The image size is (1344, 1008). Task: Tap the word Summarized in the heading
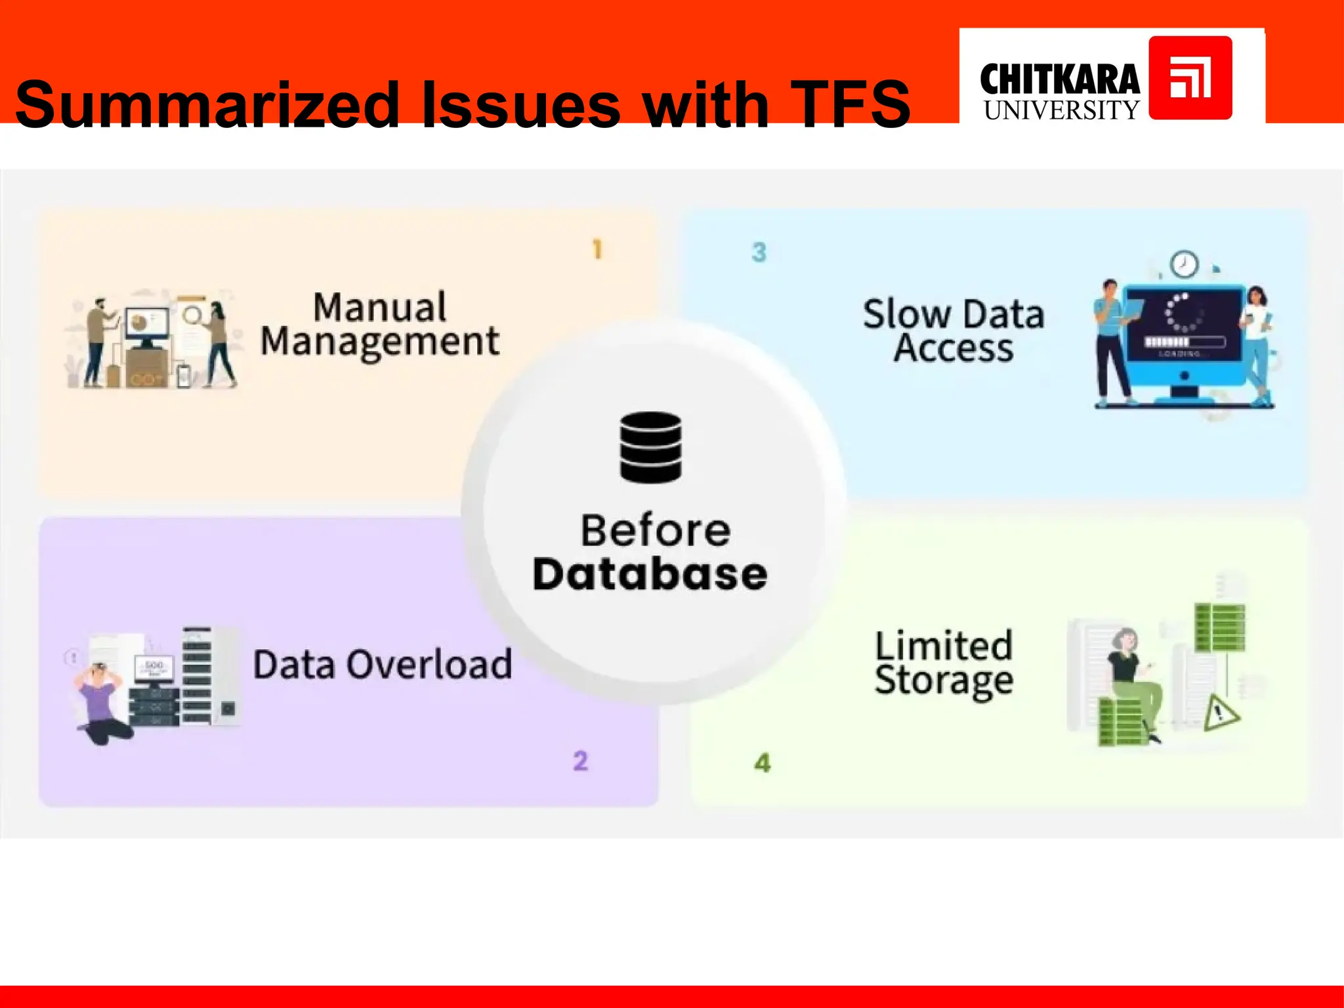coord(207,104)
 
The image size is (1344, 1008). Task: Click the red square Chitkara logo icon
coord(1190,77)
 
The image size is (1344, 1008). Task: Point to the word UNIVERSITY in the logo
coord(1061,110)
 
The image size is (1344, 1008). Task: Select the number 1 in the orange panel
coord(597,249)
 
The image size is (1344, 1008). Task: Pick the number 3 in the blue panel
coord(759,252)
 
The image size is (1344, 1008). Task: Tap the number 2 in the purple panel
coord(580,761)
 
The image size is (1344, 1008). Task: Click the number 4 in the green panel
coord(762,763)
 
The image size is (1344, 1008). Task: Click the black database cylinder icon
coord(650,447)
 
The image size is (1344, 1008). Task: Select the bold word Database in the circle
coord(650,574)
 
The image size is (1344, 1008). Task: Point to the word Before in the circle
coord(655,530)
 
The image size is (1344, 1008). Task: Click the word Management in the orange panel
coord(380,341)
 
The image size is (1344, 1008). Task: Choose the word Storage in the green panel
coord(944,681)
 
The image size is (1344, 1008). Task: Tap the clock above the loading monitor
coord(1184,264)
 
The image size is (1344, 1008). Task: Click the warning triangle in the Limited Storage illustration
coord(1220,713)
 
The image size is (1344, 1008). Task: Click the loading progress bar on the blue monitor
coord(1184,342)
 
